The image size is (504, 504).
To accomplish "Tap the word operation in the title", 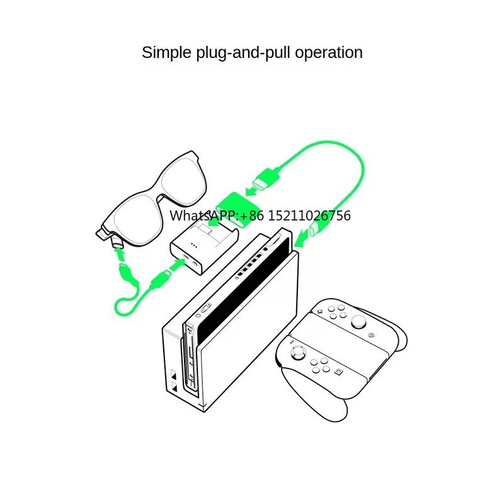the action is pos(329,52).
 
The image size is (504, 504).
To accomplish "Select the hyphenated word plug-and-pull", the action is pos(240,53).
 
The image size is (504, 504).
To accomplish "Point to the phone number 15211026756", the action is pos(309,216).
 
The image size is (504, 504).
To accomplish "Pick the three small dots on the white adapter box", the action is pos(194,246).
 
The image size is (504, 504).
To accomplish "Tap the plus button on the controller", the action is pos(319,311).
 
